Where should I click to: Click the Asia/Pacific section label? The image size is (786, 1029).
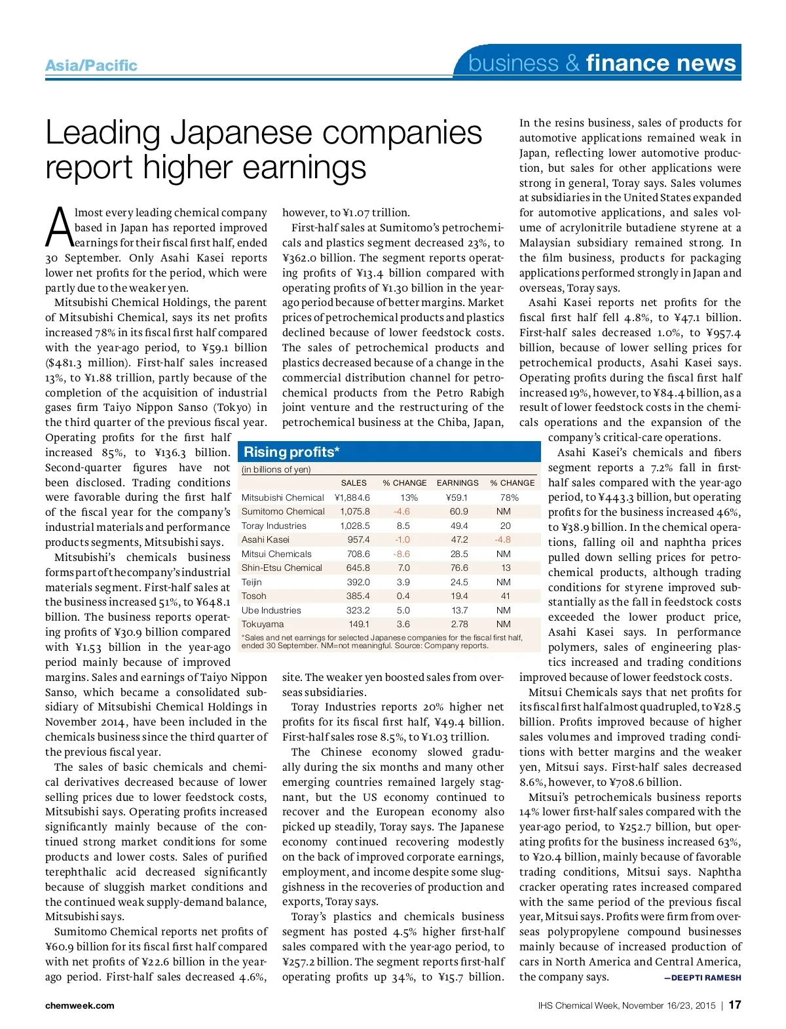click(91, 66)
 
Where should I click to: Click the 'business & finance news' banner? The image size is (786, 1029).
click(602, 63)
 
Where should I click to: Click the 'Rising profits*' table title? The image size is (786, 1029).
click(291, 452)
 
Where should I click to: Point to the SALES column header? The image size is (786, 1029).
click(354, 482)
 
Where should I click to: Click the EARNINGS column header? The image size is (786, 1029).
click(457, 482)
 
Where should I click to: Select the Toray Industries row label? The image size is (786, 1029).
click(274, 526)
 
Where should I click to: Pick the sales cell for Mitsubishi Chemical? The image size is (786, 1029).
click(352, 497)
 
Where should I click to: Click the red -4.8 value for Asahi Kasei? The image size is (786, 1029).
click(502, 539)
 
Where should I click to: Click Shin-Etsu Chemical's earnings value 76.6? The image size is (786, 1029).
click(459, 568)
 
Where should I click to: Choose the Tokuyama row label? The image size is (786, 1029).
click(263, 624)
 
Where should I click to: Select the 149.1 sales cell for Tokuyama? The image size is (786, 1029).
click(358, 624)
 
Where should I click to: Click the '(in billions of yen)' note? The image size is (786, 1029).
click(276, 469)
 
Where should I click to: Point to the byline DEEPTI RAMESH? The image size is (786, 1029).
click(702, 977)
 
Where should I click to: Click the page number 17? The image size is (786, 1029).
click(734, 1005)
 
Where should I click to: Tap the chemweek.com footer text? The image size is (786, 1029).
click(79, 1005)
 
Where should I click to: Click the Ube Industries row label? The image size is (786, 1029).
click(271, 610)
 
